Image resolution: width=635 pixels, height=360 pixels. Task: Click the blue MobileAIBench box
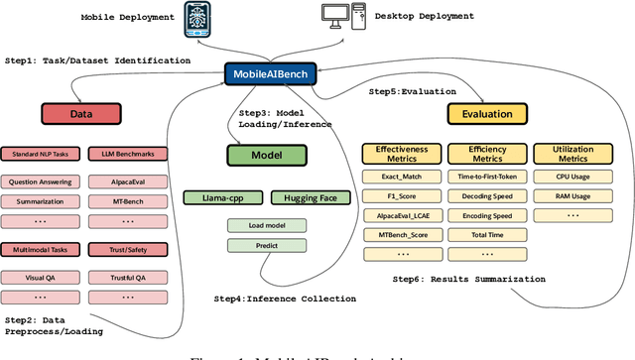[270, 74]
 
